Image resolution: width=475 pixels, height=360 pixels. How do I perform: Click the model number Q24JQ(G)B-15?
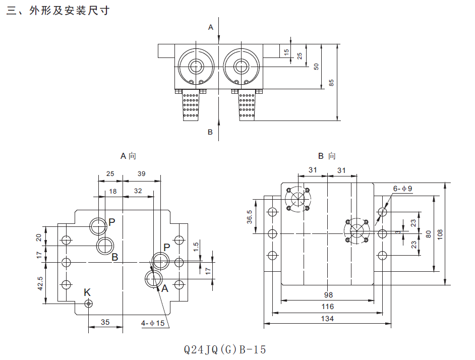tap(225, 349)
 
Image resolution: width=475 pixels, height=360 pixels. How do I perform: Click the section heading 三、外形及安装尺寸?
tap(58, 11)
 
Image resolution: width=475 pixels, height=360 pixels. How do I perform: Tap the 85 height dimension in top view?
tap(331, 82)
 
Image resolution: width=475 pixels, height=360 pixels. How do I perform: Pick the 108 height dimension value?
tap(440, 234)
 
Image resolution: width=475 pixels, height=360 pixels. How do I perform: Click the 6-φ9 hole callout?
tap(403, 189)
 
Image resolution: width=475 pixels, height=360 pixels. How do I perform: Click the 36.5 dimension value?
tap(250, 216)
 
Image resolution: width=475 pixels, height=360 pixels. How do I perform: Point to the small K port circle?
tap(89, 303)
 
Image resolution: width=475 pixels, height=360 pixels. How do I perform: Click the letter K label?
tap(87, 292)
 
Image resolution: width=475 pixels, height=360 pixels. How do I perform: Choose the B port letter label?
tap(114, 257)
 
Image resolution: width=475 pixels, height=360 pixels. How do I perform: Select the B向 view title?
tap(327, 156)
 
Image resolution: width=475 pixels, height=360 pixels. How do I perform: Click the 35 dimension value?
tap(105, 321)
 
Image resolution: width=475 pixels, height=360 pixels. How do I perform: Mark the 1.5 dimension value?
tap(196, 247)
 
